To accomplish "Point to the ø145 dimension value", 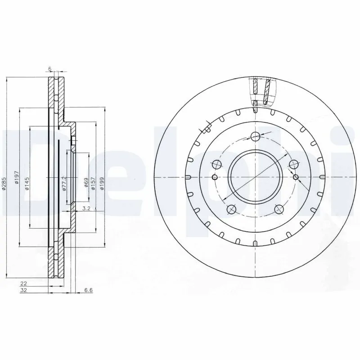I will click(x=27, y=184).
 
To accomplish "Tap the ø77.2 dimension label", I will click(x=64, y=183).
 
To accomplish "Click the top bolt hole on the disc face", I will click(x=255, y=136).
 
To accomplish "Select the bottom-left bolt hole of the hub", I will click(x=232, y=209).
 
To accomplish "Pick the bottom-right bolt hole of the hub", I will click(x=279, y=209).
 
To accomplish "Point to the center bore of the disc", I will click(x=255, y=176).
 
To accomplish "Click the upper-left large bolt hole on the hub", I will click(x=217, y=164).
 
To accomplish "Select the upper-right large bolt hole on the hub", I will click(x=293, y=164).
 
